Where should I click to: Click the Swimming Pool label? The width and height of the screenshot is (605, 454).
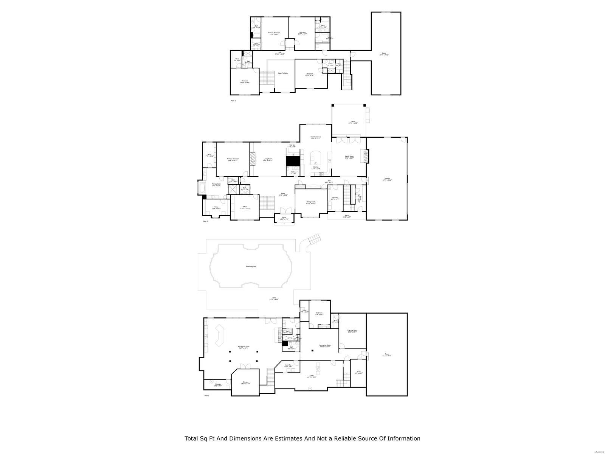coord(251,266)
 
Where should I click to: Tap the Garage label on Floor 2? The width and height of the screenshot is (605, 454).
coord(387,179)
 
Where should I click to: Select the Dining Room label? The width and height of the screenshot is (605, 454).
coord(311,202)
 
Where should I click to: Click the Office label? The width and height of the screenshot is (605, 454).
coord(245,207)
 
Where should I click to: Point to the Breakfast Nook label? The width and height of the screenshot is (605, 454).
coord(316,138)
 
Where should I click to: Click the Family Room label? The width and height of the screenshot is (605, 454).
coord(349,157)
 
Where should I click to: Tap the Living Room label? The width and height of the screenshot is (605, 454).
coord(268,160)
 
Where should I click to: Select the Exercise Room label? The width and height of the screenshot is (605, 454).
coord(352,331)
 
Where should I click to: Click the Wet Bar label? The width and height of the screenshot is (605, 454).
coord(292,146)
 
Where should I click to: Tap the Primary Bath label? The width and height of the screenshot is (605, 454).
coord(216,185)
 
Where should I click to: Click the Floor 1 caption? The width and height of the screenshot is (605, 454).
coord(206,395)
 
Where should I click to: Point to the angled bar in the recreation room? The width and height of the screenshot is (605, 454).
coord(220,334)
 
